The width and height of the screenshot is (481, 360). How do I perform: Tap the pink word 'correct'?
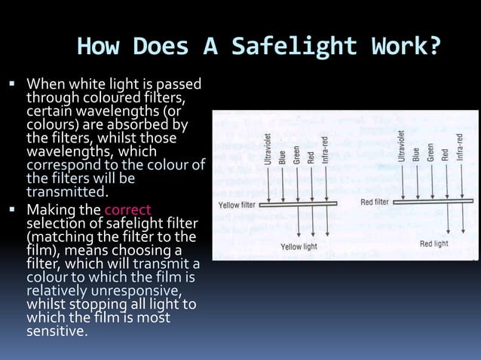click(128, 210)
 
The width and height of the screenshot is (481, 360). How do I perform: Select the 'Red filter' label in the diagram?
click(375, 202)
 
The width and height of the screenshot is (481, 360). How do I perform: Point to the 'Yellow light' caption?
click(299, 246)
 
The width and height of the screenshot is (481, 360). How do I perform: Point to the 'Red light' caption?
click(434, 244)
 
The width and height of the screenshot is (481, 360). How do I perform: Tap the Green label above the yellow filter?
click(296, 154)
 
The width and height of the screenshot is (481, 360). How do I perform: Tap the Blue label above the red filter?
click(415, 151)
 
